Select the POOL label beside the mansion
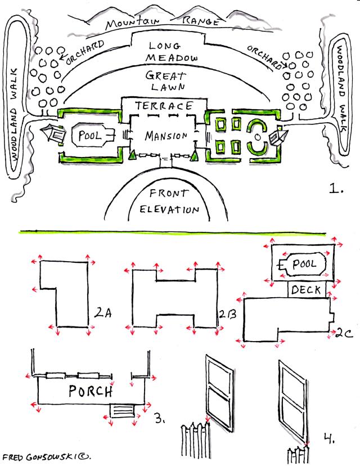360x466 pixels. (x=89, y=136)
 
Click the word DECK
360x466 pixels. (x=307, y=290)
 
